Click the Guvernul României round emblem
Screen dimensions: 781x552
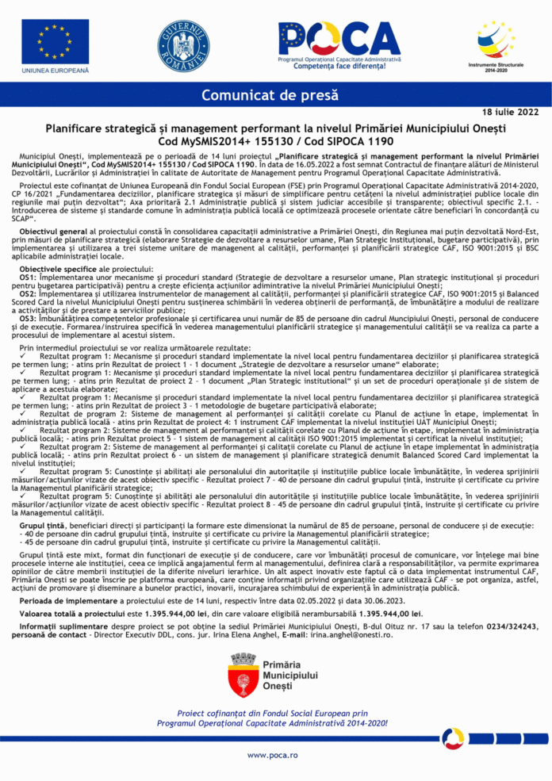coord(183,43)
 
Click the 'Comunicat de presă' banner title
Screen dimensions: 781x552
coord(270,96)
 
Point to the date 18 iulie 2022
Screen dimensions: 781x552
coord(510,113)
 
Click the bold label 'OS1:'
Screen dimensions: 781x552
coord(28,278)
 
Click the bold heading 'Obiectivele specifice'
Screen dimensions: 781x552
coord(57,270)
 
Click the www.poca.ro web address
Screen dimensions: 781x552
coord(272,755)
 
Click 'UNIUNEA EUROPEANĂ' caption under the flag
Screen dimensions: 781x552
coord(55,71)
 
